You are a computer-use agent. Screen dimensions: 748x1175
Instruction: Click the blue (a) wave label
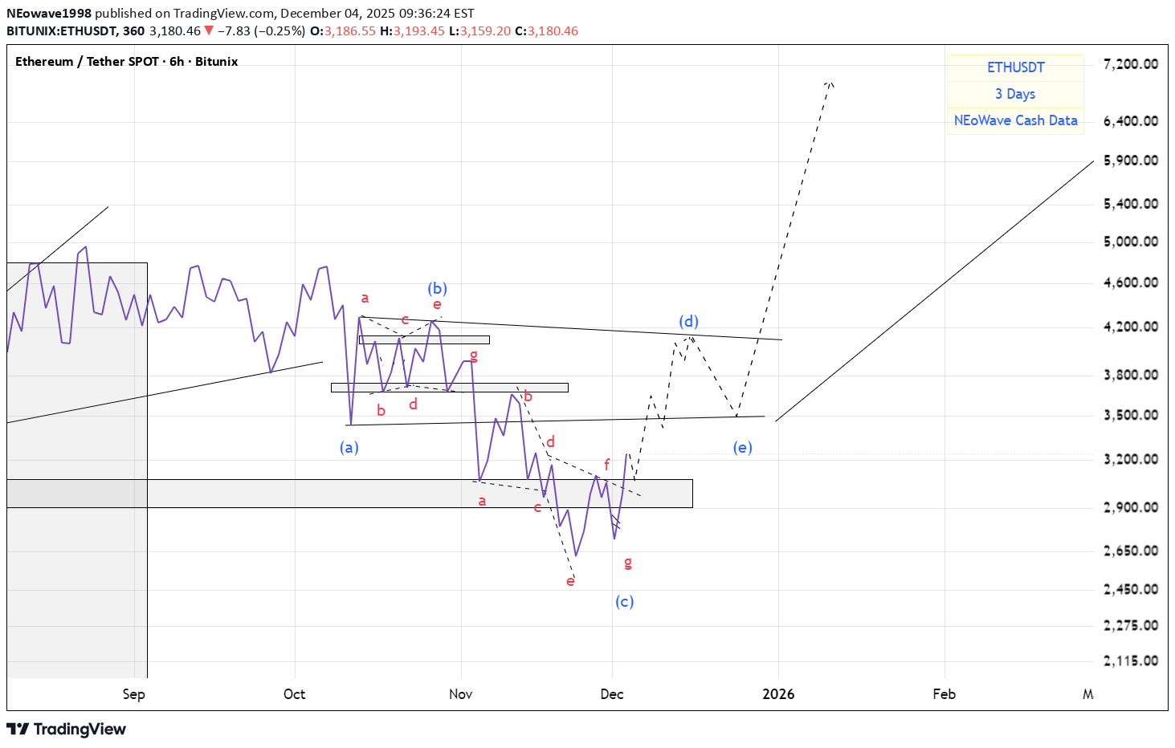point(349,447)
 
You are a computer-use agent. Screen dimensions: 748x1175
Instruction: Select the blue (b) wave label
point(437,288)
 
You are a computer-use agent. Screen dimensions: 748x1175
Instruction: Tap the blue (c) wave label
point(624,601)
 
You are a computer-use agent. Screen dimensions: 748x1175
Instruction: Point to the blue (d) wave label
point(688,321)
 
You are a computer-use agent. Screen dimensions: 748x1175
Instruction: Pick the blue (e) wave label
point(742,447)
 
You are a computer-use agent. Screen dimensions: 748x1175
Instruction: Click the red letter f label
point(606,464)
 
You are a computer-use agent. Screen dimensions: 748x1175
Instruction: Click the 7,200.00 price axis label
point(1130,64)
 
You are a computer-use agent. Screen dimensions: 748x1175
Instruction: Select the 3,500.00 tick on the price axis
point(1130,415)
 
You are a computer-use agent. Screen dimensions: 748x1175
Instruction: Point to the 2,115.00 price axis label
point(1130,661)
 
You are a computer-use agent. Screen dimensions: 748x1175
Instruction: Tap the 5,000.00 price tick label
point(1130,241)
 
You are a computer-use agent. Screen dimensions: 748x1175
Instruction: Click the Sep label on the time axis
point(133,694)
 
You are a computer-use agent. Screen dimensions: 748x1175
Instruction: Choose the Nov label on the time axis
point(460,694)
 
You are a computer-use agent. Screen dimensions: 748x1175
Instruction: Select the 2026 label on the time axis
point(777,694)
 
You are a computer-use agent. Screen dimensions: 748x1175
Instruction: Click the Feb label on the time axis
point(944,694)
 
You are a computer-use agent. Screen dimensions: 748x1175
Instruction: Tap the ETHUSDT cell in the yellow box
point(1015,67)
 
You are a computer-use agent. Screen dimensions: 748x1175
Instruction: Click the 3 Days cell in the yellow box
point(1015,94)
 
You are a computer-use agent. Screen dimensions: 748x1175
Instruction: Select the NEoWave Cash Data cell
point(1015,120)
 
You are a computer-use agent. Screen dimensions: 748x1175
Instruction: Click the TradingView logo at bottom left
point(67,729)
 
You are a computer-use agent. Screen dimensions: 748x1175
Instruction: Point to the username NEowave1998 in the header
point(49,14)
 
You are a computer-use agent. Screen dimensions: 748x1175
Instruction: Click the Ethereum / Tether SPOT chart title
point(126,62)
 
